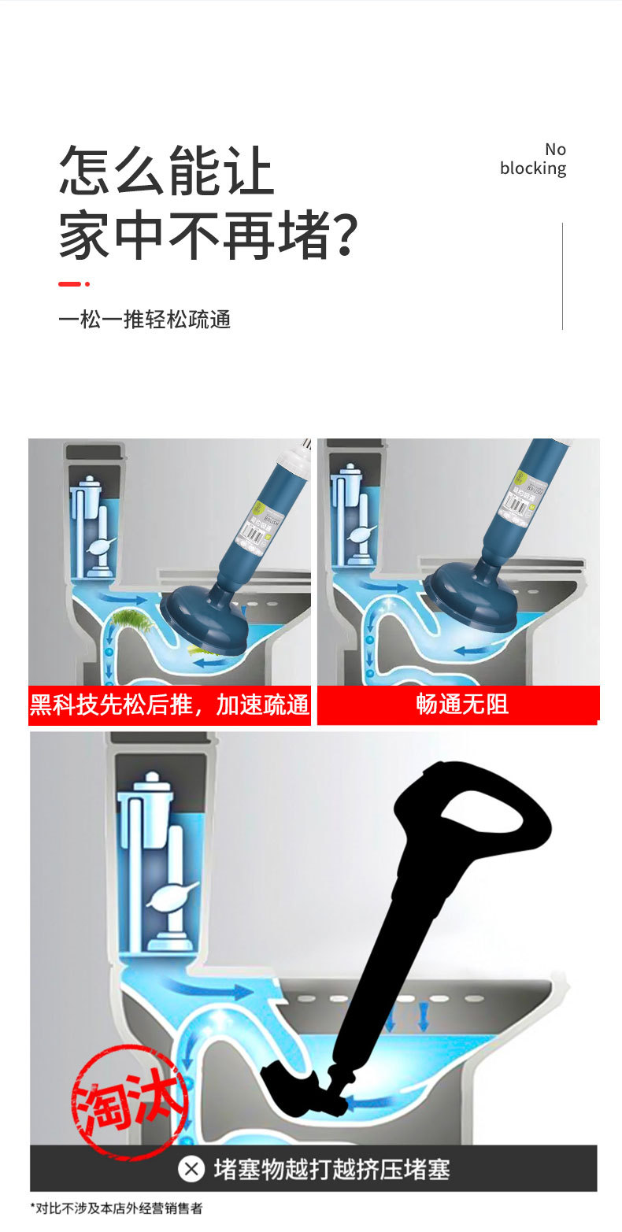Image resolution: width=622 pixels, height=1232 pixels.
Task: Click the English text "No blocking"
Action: click(x=533, y=159)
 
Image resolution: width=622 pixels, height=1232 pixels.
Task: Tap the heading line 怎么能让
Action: click(x=166, y=170)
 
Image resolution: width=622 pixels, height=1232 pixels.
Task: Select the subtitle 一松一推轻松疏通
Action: click(x=144, y=320)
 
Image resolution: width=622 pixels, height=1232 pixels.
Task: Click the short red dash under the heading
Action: click(x=70, y=284)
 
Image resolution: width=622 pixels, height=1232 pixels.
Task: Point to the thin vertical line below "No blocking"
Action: click(x=562, y=276)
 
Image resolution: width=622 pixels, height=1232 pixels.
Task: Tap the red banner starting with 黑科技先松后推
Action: click(x=169, y=705)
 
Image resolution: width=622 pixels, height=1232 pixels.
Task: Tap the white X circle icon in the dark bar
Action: click(x=191, y=1169)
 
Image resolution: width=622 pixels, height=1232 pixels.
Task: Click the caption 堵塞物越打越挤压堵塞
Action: click(x=331, y=1169)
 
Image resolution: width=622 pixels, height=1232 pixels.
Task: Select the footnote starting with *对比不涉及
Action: click(x=117, y=1208)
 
